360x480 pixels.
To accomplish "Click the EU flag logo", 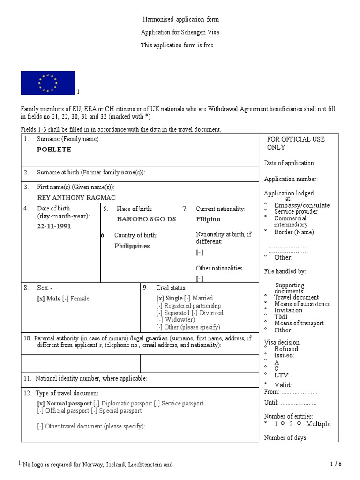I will point(48,83).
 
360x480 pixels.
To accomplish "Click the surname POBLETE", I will point(54,150).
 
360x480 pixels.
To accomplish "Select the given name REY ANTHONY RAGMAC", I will point(76,198).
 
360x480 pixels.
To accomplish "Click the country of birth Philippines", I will point(132,246).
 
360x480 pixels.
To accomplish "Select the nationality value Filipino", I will point(208,219).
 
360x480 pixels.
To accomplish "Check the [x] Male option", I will point(49,299).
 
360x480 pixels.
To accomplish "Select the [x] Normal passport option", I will point(64,404).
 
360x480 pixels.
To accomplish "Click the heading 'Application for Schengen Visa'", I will point(180,32).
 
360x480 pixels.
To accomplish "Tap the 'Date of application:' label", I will point(290,163).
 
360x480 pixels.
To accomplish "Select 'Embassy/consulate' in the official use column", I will point(302,205).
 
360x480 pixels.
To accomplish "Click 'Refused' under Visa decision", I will point(286,349).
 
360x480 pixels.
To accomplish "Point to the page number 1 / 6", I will point(336,465).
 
